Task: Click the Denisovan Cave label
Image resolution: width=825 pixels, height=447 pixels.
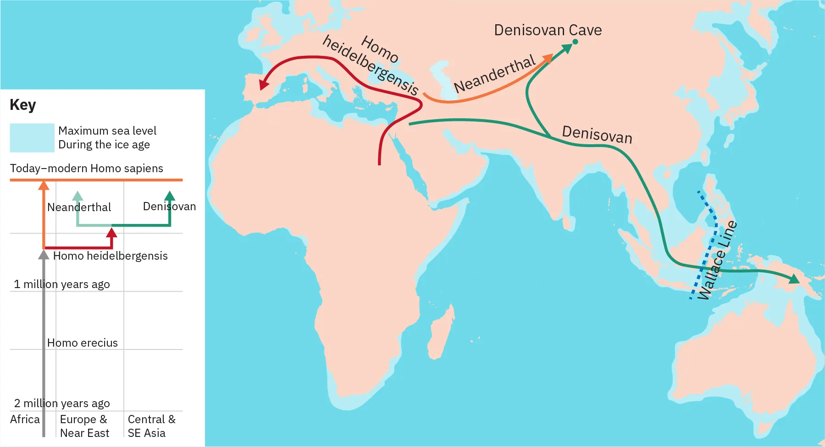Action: [x=548, y=30]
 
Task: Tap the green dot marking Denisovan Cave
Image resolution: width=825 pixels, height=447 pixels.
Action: [x=575, y=42]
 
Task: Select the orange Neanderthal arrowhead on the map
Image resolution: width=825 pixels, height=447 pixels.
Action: [x=547, y=58]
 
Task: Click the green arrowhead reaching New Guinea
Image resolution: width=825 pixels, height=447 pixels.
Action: [x=794, y=278]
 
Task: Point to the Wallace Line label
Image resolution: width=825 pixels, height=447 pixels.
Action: [x=717, y=260]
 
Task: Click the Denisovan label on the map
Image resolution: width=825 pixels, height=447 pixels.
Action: [x=597, y=135]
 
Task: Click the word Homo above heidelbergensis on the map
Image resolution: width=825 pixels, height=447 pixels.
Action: [x=379, y=49]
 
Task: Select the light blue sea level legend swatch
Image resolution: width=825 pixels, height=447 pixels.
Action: [x=32, y=137]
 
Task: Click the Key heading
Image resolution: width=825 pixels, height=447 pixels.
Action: [x=22, y=105]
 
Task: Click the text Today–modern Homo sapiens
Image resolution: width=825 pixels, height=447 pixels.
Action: [x=86, y=169]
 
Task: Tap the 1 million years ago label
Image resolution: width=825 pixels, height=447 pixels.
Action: [x=62, y=284]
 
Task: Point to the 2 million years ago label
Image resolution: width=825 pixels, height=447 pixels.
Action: [x=62, y=403]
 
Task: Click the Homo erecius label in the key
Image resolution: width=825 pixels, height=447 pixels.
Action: [x=83, y=343]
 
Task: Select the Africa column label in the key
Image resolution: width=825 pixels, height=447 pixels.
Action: [x=25, y=420]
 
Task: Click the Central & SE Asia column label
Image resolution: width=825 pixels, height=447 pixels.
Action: [x=151, y=426]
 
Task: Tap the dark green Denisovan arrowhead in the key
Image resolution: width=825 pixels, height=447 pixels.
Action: [x=170, y=196]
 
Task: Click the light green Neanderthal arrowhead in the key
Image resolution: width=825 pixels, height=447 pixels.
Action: [x=78, y=196]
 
